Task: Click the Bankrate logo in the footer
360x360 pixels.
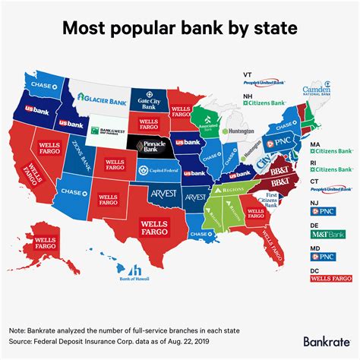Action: (x=324, y=342)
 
